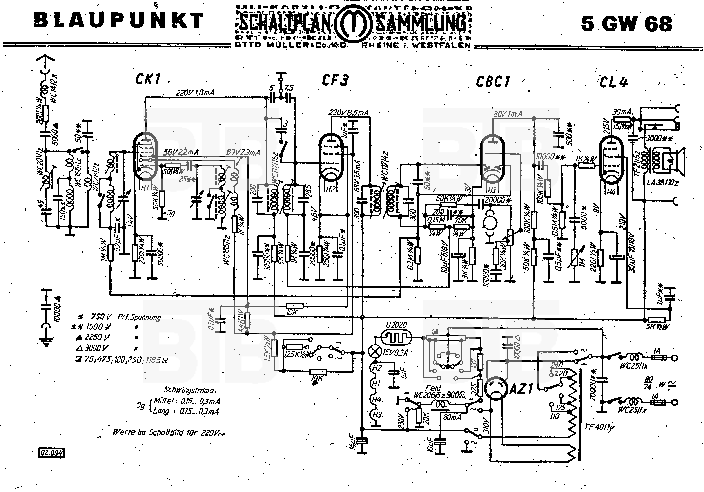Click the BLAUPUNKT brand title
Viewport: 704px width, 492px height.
pos(119,21)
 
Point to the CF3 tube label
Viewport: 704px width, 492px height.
pos(335,80)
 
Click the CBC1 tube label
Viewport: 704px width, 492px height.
pos(493,81)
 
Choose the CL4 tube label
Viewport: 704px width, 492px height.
pos(613,82)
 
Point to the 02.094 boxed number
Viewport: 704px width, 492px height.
pos(51,452)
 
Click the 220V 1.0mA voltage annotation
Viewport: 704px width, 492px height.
pos(195,92)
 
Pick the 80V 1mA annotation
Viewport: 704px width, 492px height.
pos(508,114)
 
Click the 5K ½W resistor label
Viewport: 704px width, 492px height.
pos(657,326)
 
